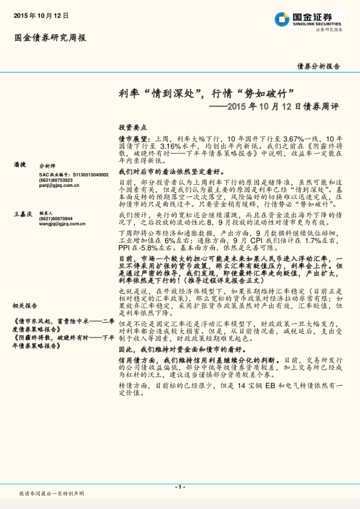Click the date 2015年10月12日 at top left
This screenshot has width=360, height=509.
(41, 15)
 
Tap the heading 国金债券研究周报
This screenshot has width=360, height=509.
(50, 37)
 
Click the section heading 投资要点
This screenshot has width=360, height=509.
(133, 128)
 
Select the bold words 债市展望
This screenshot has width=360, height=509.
(133, 139)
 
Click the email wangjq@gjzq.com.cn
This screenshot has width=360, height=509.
(63, 224)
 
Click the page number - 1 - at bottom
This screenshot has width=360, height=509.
(180, 487)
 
